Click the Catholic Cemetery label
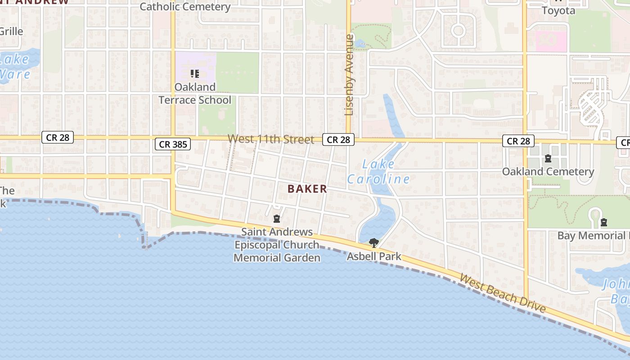[x=185, y=7]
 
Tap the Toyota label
[x=558, y=10]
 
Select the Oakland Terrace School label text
[x=195, y=93]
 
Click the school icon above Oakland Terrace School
[x=194, y=74]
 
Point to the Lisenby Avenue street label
[x=349, y=75]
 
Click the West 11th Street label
[x=270, y=139]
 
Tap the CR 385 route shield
[x=173, y=144]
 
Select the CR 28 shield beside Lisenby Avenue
[x=338, y=140]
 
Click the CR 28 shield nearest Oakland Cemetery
[x=518, y=141]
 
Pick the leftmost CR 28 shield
[x=58, y=137]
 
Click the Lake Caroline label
[x=378, y=171]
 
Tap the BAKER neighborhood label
[x=307, y=189]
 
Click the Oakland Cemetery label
[x=548, y=171]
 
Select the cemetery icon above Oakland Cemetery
[x=548, y=158]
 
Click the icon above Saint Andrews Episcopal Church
[x=277, y=219]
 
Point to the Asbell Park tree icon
[x=373, y=243]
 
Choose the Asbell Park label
[x=373, y=256]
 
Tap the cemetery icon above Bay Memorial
[x=604, y=222]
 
